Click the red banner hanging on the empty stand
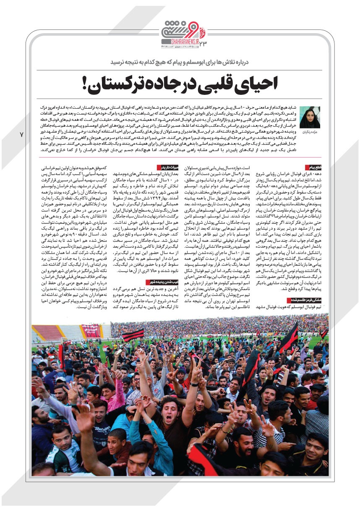(x=91, y=331)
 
